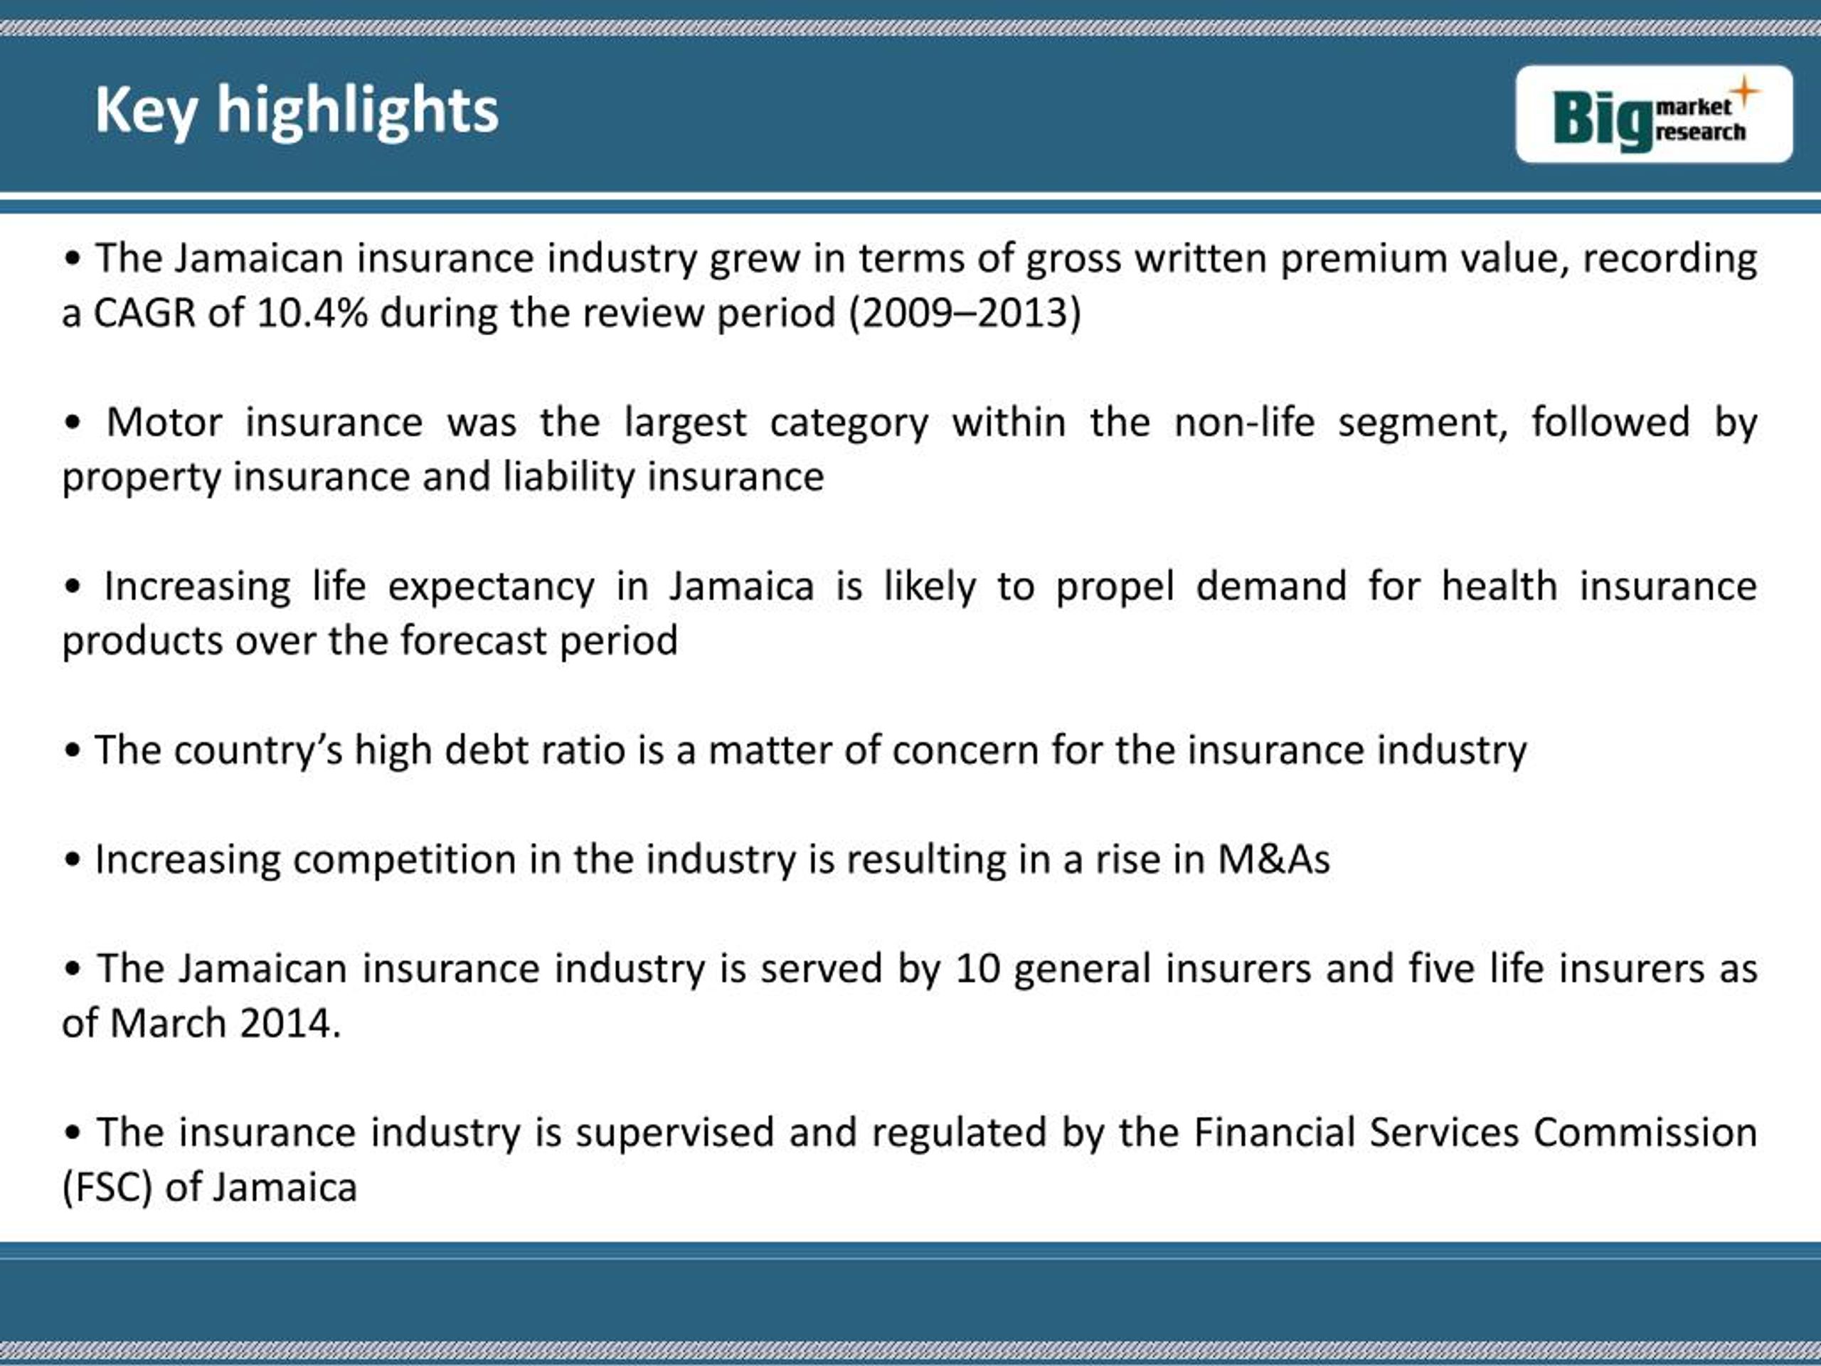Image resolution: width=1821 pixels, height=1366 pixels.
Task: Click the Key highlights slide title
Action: coord(297,110)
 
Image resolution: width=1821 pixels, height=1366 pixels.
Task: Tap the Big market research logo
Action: coord(1654,115)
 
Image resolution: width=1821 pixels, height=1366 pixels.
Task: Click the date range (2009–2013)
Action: coord(965,314)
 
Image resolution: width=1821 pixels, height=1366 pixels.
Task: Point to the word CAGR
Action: coord(144,314)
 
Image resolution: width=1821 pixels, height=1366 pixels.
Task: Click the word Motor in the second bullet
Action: coord(164,423)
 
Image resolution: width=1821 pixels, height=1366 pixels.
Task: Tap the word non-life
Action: coord(1244,423)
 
